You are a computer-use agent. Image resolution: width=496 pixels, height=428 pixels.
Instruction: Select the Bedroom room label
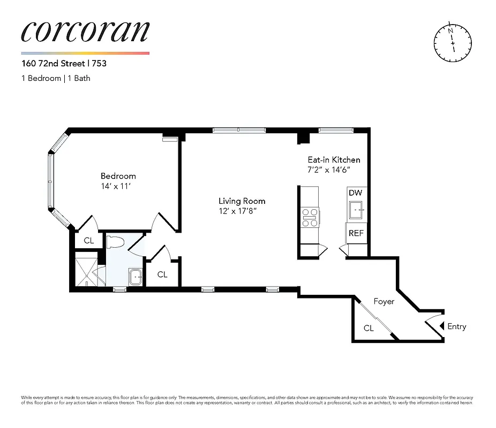118,176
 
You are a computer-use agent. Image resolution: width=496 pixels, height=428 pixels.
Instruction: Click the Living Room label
242,201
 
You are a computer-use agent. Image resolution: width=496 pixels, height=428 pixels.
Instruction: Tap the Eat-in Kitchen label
333,160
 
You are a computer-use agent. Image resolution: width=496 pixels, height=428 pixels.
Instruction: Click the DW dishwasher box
355,193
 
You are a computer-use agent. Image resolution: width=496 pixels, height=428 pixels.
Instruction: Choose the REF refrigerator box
356,233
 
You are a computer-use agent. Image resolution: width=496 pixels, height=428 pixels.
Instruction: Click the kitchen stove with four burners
310,216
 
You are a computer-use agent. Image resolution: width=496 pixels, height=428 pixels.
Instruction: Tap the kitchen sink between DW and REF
357,211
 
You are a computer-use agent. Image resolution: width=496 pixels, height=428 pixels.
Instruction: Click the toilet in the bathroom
114,242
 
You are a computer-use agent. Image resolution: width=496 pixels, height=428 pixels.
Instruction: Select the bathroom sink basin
135,277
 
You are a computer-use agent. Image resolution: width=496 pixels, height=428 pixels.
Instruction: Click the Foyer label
384,302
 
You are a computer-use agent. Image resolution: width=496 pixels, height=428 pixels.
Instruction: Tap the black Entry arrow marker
441,326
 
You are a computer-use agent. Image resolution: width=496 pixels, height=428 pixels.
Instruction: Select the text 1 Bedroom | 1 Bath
55,78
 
